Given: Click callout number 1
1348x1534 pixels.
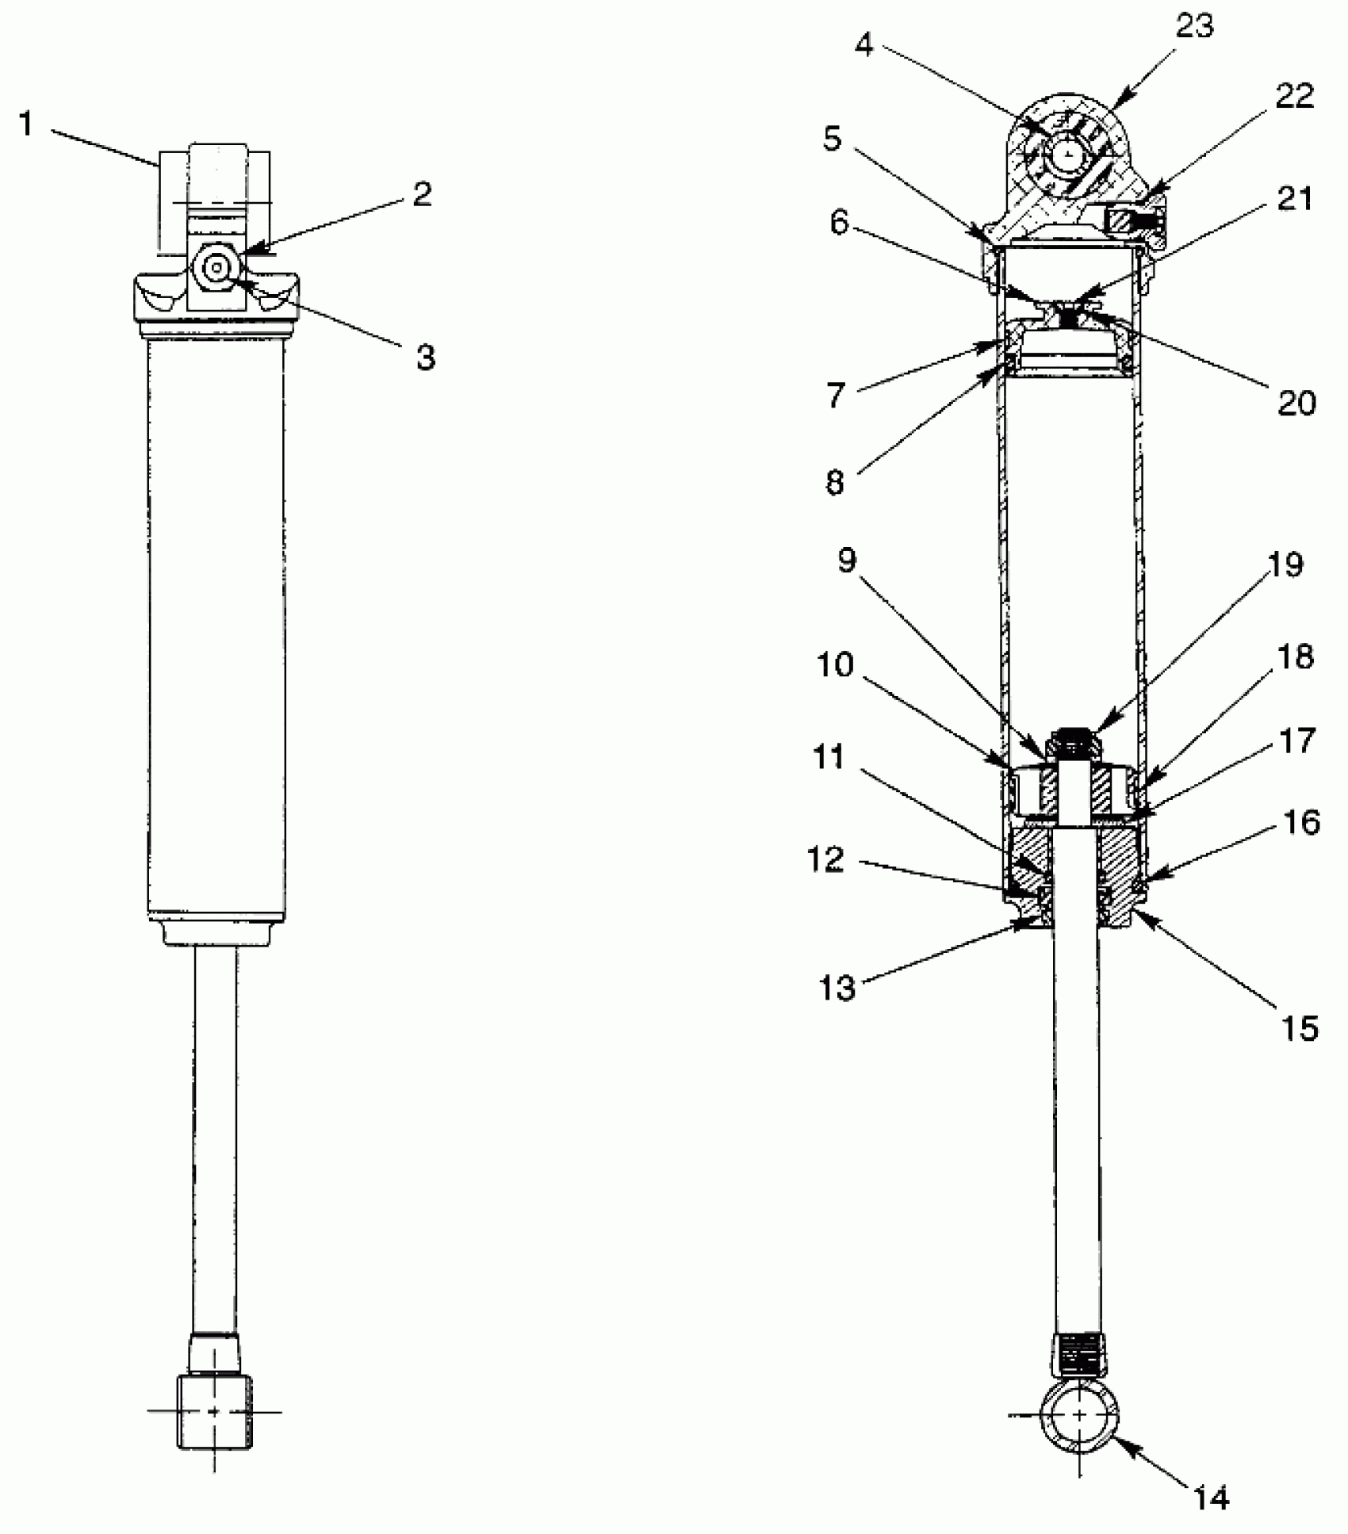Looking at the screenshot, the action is point(26,124).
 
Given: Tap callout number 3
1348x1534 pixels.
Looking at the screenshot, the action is point(425,358).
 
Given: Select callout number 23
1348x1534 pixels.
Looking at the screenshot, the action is point(1194,28).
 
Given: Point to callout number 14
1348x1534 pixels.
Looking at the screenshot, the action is point(1212,1497).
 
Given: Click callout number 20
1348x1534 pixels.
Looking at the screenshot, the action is point(1297,404).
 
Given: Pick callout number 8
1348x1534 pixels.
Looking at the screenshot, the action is point(834,482).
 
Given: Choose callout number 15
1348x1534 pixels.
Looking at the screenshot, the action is point(1299,1028).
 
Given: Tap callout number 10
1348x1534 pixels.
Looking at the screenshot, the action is point(834,664).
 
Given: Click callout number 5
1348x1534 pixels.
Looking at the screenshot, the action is point(831,140).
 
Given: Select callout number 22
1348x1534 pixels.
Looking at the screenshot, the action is point(1295,97).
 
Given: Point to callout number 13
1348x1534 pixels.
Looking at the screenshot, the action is point(837,989).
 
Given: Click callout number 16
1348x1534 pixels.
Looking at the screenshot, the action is point(1300,823).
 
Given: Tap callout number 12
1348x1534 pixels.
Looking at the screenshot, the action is point(825,860).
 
